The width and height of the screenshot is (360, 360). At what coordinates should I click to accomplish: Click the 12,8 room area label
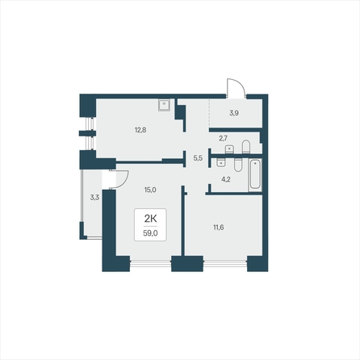[x=140, y=130]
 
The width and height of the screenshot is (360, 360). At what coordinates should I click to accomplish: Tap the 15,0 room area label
[x=150, y=190]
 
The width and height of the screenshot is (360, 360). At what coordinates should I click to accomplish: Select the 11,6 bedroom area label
[x=219, y=228]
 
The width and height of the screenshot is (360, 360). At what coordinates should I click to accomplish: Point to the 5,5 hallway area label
[x=198, y=158]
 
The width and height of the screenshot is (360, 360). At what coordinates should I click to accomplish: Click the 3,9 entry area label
[x=234, y=113]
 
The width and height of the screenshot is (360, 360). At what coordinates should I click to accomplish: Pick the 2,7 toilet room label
[x=223, y=138]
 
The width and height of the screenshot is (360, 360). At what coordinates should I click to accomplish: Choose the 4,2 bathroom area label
[x=226, y=179]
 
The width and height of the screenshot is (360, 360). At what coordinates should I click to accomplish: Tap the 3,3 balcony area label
[x=94, y=198]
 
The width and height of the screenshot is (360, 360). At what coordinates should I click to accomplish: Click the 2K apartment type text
[x=150, y=219]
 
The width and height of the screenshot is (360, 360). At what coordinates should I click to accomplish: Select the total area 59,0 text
[x=150, y=233]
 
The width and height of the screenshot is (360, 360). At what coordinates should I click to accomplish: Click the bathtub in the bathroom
[x=255, y=174]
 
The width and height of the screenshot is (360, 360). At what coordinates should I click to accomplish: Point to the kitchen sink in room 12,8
[x=164, y=105]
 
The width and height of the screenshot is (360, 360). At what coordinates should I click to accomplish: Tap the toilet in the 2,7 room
[x=246, y=147]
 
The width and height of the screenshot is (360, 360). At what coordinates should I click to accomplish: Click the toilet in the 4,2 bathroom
[x=238, y=165]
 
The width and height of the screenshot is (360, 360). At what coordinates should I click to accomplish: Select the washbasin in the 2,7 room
[x=229, y=149]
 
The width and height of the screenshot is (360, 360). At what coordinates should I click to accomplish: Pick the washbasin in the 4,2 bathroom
[x=220, y=163]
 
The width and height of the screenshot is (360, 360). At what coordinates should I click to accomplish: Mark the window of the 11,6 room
[x=225, y=263]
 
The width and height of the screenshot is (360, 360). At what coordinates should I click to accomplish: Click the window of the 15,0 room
[x=151, y=263]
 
